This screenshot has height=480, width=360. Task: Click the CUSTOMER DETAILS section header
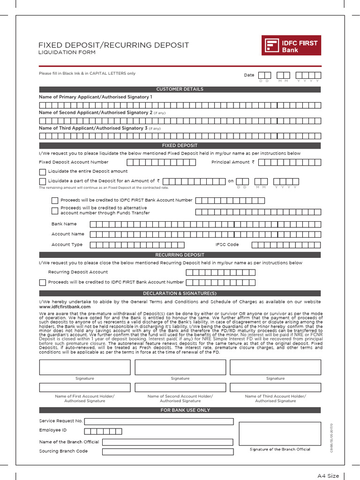[x=180, y=89]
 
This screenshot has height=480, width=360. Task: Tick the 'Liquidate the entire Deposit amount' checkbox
[x=43, y=172]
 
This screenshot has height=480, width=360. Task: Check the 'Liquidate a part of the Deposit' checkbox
[x=43, y=181]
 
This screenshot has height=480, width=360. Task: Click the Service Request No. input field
[x=158, y=421]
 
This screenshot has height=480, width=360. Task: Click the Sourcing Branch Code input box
[x=167, y=451]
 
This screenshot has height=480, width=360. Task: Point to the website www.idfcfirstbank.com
[x=65, y=307]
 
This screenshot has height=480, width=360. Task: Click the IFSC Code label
[x=227, y=245]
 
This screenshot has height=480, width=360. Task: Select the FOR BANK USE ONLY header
[x=180, y=410]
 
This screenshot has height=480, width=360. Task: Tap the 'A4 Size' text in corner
[x=328, y=476]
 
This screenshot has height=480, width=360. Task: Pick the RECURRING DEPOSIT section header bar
[x=180, y=255]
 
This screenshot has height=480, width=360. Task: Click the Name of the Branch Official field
[x=167, y=442]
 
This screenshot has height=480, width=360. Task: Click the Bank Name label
[x=64, y=224]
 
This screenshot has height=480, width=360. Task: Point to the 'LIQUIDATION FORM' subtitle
[x=67, y=52]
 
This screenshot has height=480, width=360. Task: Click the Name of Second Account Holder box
[x=180, y=387]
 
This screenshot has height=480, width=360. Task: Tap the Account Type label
[x=67, y=245]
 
